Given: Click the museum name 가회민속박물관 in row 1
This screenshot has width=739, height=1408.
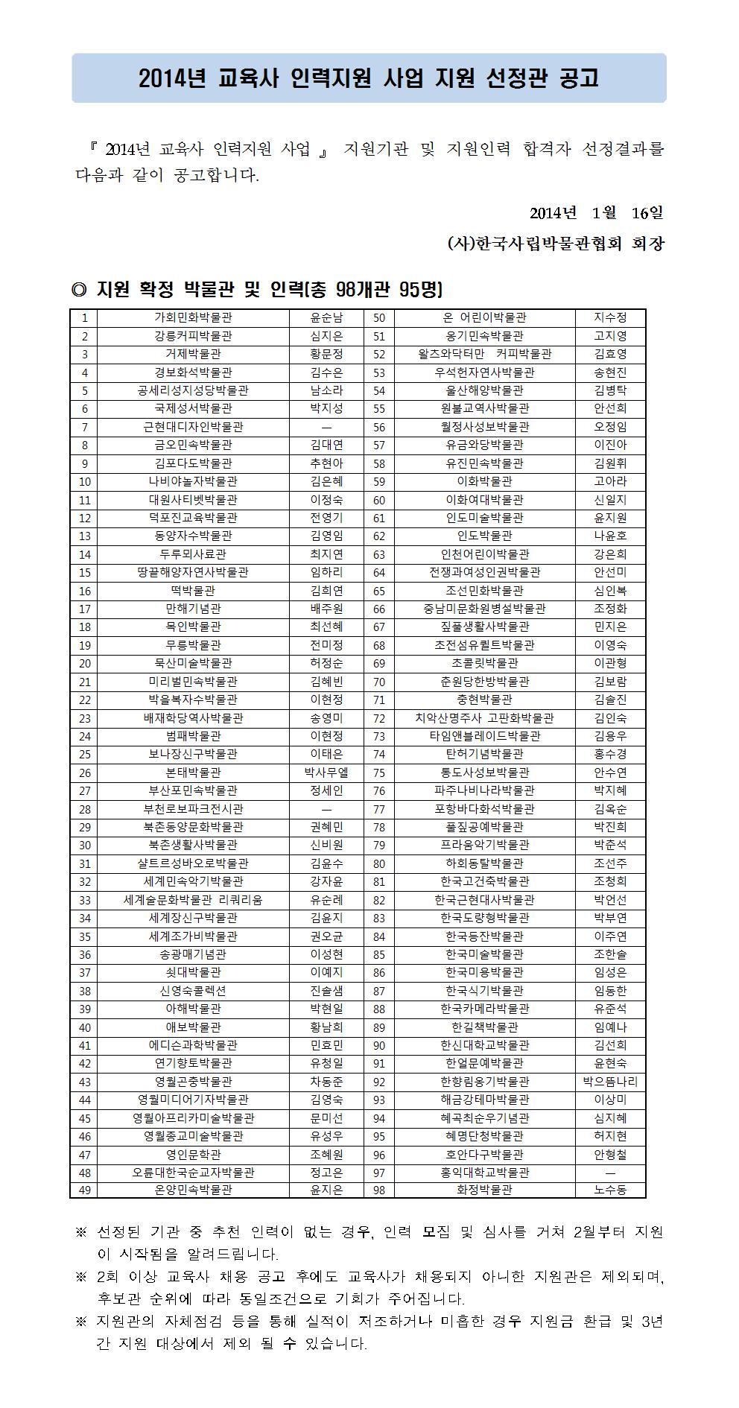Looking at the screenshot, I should click(193, 318).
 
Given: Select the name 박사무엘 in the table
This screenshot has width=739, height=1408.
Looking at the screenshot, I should click(326, 773).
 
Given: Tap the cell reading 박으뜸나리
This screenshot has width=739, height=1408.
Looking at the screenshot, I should click(609, 1082).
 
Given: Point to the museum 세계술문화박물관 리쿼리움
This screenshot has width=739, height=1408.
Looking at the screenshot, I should click(193, 900).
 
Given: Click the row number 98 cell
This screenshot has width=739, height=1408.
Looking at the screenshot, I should click(379, 1190).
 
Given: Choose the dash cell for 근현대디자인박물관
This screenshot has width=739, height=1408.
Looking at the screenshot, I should click(326, 428).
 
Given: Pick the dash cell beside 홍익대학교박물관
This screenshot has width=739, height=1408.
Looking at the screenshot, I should click(609, 1173).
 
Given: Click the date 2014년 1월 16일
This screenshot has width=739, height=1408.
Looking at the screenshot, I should click(596, 213).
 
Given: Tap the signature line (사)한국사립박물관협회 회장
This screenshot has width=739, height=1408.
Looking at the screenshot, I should click(555, 244).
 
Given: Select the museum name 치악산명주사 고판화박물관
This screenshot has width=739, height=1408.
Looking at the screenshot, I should click(484, 718).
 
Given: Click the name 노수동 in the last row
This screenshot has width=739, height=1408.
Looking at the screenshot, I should click(609, 1190).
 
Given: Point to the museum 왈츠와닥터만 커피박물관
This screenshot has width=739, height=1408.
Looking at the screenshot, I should click(484, 355).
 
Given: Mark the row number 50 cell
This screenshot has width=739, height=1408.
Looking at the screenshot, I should click(379, 318).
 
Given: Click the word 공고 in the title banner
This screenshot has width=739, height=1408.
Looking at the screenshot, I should click(578, 78).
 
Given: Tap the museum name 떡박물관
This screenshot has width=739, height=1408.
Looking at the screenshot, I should click(193, 591).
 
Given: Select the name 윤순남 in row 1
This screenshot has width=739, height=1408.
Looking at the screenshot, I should click(326, 318).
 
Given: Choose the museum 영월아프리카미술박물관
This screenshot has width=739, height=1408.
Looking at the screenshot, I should click(193, 1118).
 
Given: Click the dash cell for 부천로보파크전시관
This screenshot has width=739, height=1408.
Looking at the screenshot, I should click(326, 809).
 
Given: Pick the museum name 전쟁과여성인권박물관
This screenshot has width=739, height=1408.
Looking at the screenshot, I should click(484, 573).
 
